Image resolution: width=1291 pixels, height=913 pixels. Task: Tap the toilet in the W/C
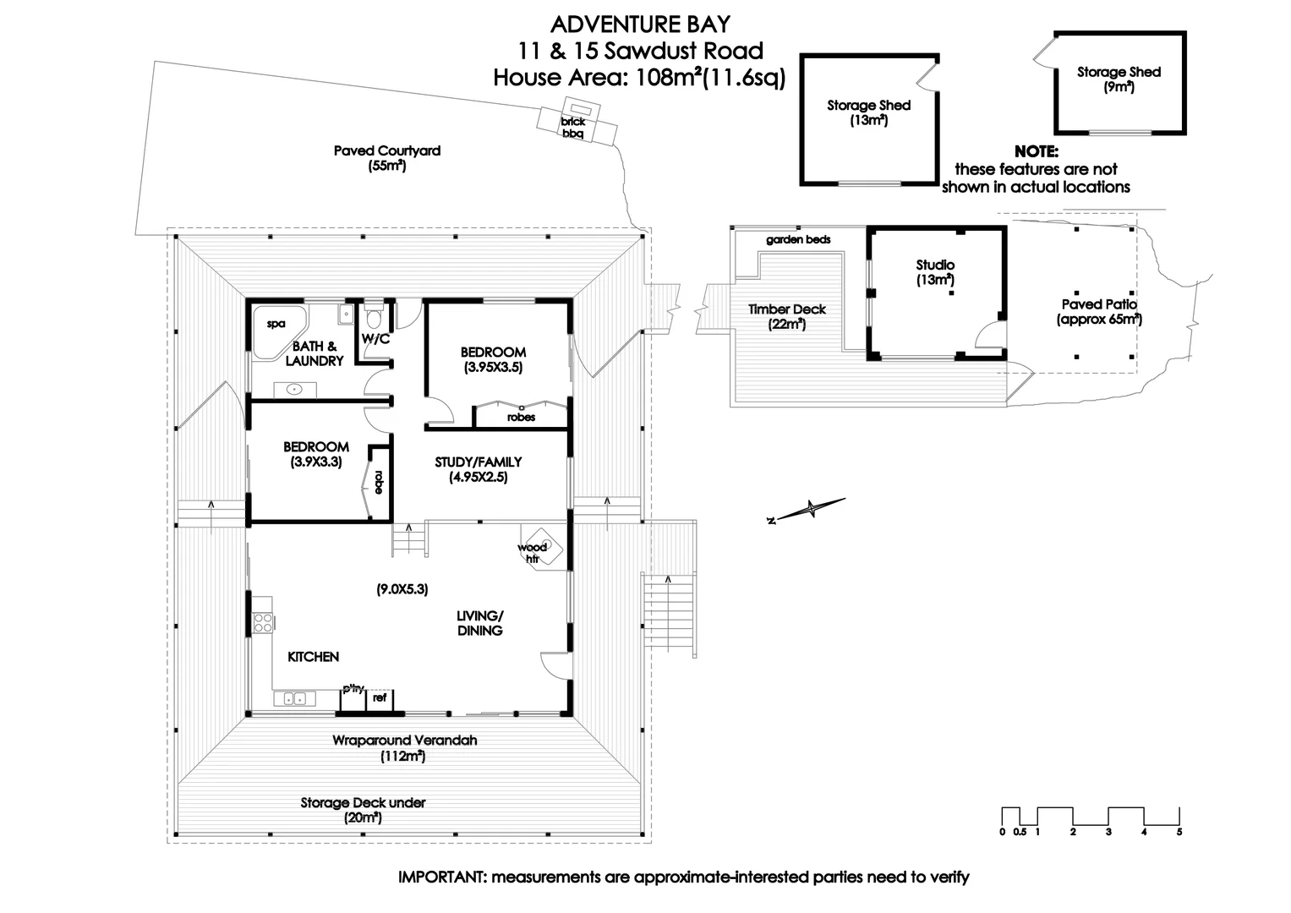(x=373, y=320)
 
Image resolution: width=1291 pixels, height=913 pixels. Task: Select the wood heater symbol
(x=541, y=546)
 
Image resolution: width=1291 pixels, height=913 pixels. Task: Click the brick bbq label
(x=572, y=128)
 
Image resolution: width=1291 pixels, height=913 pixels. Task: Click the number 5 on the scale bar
(x=1179, y=833)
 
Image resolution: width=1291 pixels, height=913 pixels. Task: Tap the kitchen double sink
(x=294, y=698)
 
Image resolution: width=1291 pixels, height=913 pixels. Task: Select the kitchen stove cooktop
(x=263, y=622)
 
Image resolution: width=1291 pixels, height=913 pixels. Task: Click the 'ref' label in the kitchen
(x=380, y=698)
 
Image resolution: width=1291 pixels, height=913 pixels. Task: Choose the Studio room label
(x=935, y=272)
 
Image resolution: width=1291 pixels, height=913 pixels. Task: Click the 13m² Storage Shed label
(x=868, y=112)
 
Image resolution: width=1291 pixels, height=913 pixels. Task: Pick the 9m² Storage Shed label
(x=1119, y=79)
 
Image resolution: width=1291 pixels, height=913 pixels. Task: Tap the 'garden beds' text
(x=798, y=240)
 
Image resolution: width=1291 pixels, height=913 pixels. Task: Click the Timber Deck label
(x=786, y=316)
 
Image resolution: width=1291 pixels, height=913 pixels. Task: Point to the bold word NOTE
(x=1036, y=152)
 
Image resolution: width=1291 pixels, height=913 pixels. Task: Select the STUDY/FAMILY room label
(x=478, y=469)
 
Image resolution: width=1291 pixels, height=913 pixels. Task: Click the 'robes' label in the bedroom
(x=521, y=418)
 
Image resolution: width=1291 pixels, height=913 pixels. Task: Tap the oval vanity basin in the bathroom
(x=294, y=390)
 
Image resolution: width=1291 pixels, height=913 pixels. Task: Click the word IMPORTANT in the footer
(x=440, y=877)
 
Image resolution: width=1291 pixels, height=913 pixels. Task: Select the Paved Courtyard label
(x=386, y=158)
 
